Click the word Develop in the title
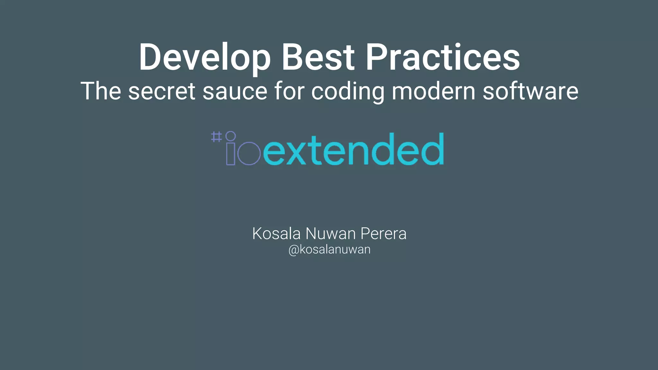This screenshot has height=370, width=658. pos(205,58)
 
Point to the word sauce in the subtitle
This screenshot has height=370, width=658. pos(235,92)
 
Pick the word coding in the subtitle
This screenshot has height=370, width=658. pos(348,92)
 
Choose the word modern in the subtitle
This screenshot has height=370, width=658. pos(434,91)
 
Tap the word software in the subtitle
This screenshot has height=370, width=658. pos(530,91)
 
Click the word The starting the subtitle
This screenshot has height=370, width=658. pos(101,91)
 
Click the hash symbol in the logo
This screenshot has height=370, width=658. pos(216,137)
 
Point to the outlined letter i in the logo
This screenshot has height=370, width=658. pos(231,154)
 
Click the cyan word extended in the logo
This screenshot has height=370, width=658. pos(353,150)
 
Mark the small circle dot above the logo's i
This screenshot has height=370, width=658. pos(231,136)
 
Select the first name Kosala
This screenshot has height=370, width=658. pos(276,233)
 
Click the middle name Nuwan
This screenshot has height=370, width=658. pos(331,233)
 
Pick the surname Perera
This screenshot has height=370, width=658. pos(383,233)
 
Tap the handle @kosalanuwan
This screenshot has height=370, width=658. pos(329,250)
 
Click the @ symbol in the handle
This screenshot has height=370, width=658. pos(293,250)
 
